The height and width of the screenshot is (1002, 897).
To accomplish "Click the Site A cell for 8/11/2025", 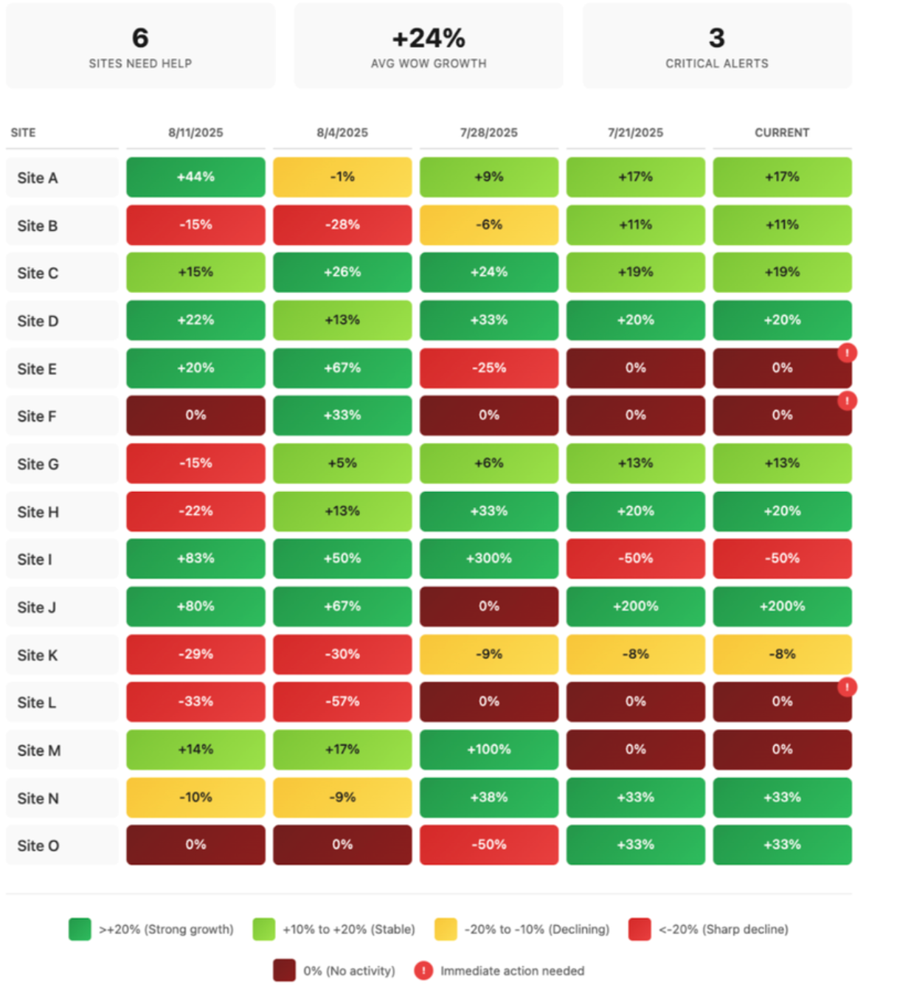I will (195, 177).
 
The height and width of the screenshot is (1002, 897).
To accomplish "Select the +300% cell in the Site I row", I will (488, 559).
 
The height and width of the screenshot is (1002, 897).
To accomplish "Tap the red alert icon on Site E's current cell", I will (847, 353).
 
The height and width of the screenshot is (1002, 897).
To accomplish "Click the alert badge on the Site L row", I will (847, 687).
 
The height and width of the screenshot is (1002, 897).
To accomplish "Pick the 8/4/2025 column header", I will (342, 133).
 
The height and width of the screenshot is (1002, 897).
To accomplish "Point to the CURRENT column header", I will (782, 133).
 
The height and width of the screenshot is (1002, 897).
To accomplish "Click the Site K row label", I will (38, 655).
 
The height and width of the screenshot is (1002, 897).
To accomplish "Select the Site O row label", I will (38, 846).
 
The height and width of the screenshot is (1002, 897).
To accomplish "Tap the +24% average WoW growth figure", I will (429, 38).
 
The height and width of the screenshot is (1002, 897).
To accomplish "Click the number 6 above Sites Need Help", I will (140, 38).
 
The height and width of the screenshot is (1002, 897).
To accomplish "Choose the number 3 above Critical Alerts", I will (717, 38).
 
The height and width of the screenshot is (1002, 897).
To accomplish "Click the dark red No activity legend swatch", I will (284, 970).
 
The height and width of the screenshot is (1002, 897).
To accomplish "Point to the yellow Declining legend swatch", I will (446, 929).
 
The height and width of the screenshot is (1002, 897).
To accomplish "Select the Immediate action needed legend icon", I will (423, 970).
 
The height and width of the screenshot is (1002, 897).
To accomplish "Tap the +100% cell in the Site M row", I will (488, 750).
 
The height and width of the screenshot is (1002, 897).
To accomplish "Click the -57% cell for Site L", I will (342, 702).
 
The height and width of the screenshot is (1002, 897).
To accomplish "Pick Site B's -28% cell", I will (342, 225).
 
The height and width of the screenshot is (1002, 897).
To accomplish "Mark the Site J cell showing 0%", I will (488, 607).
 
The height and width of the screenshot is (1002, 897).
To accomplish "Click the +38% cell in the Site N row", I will (488, 798).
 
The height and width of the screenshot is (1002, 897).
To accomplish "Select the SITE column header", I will (23, 133).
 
